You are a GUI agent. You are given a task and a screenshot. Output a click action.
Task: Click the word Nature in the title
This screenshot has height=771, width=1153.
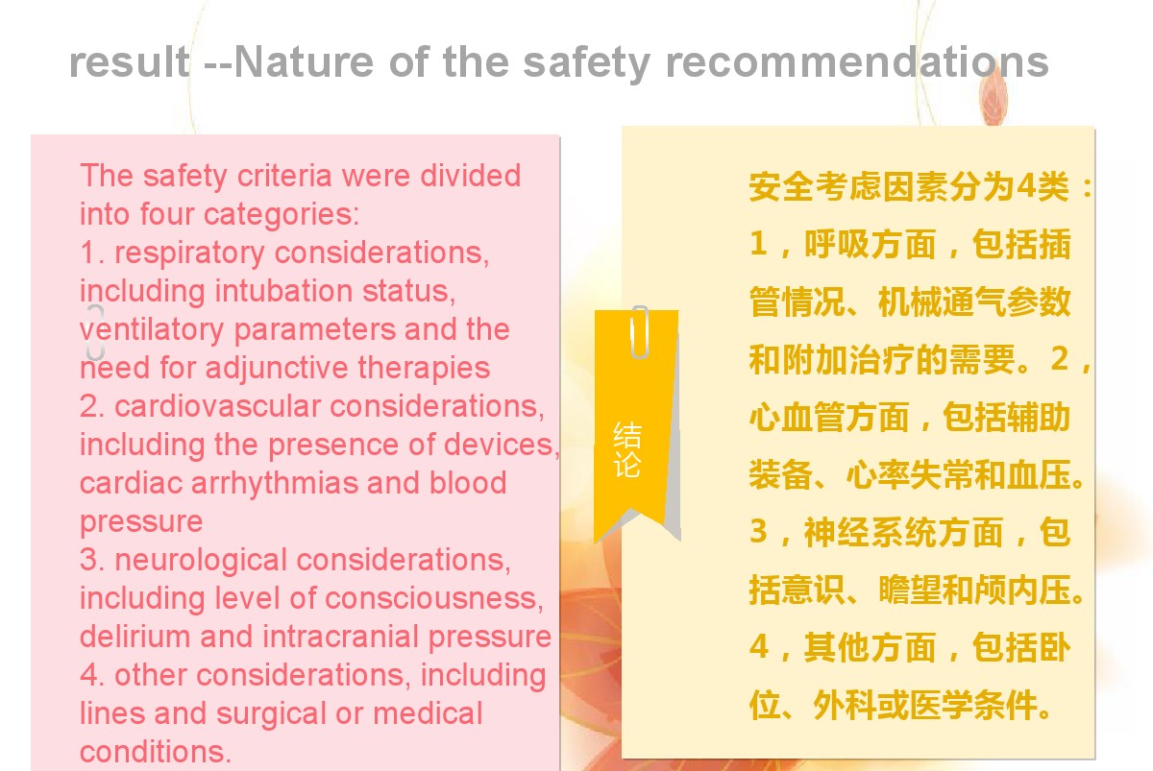tap(304, 61)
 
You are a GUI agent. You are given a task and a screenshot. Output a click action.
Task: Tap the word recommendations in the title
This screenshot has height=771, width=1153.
tap(857, 61)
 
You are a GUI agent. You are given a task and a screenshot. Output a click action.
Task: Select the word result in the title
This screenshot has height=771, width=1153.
tap(130, 61)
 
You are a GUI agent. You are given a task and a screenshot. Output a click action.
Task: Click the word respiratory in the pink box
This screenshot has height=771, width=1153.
tap(189, 253)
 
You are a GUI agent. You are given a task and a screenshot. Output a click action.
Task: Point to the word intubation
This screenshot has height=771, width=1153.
tap(283, 291)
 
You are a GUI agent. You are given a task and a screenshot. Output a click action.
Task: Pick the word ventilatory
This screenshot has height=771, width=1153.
tap(152, 330)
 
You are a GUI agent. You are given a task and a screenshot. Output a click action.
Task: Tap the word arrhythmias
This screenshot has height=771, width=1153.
tap(275, 484)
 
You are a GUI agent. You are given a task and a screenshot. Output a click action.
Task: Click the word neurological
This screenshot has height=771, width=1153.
tap(200, 561)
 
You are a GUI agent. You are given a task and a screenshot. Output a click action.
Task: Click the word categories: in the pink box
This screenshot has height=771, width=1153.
tap(282, 215)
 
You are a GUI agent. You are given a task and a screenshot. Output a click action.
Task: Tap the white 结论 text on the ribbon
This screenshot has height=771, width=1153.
tap(626, 449)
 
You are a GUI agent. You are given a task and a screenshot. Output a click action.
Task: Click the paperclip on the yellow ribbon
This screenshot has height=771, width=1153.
tap(639, 332)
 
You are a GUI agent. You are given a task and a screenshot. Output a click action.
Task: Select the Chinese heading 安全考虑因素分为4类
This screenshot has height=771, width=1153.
tap(910, 186)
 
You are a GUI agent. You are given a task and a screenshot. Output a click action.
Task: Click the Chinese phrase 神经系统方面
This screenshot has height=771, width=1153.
tap(903, 532)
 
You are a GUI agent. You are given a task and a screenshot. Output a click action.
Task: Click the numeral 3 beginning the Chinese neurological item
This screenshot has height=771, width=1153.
tap(758, 531)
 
